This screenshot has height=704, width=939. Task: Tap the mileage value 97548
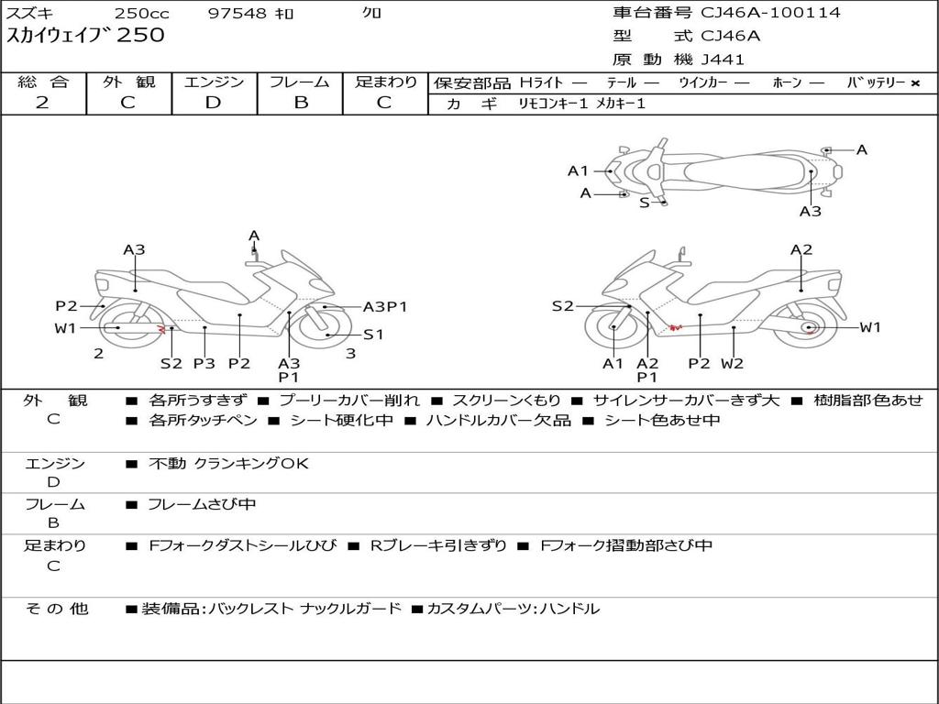click(237, 14)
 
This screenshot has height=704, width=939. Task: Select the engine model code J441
click(723, 60)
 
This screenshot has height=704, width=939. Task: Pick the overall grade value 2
click(42, 103)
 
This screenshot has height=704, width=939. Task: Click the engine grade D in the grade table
click(213, 103)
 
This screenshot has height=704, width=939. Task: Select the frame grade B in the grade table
click(300, 103)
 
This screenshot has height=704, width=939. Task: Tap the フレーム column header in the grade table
click(300, 82)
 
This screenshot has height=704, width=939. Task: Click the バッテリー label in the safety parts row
click(876, 82)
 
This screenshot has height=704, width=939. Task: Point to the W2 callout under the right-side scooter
click(732, 364)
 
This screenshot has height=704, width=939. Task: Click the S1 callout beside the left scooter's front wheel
click(372, 335)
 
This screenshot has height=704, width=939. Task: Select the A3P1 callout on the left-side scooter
click(384, 307)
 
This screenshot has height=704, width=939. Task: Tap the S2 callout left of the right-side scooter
click(562, 306)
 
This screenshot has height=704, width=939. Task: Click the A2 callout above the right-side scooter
click(801, 250)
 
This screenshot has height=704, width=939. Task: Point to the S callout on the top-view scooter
click(644, 203)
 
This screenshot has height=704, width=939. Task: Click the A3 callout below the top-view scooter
click(810, 212)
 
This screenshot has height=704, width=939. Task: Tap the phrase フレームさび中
click(202, 504)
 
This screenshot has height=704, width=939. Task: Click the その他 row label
click(56, 609)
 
